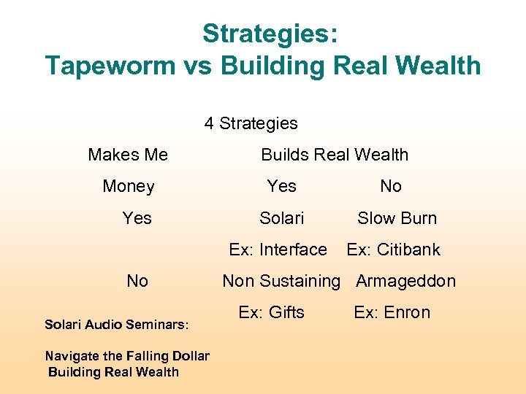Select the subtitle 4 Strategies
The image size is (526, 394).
[x=251, y=123]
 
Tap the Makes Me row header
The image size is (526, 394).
[x=128, y=155]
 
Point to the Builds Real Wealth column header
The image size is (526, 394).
[x=335, y=155]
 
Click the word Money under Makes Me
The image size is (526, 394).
[x=129, y=186]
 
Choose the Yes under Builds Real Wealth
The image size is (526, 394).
[x=282, y=186]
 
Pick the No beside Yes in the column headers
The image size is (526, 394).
[x=391, y=186]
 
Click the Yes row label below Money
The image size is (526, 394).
[x=137, y=217]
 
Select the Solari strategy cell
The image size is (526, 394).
[x=282, y=217]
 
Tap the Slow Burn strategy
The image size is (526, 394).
[x=397, y=217]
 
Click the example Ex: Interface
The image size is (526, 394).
[x=278, y=250]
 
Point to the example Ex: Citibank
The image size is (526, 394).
[x=393, y=250]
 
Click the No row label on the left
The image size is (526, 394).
[x=137, y=281]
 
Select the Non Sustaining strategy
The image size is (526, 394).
[x=281, y=281]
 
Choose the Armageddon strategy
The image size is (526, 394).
[x=405, y=281]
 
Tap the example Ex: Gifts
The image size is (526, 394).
[x=271, y=312]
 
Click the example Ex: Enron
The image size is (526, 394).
[x=392, y=312]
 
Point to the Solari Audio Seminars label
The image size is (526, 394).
[x=117, y=323]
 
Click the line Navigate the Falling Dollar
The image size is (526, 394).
[x=127, y=356]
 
